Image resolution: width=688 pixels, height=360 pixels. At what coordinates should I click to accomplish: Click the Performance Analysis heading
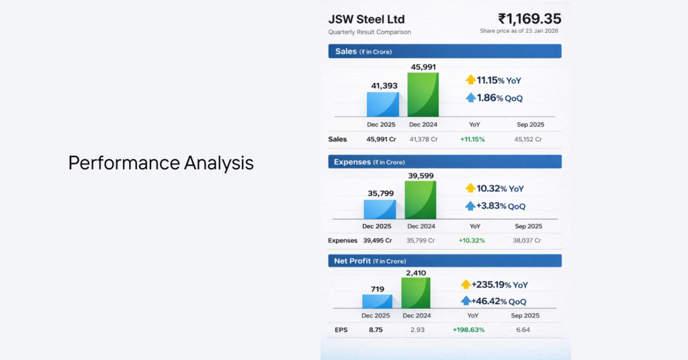pos(161,163)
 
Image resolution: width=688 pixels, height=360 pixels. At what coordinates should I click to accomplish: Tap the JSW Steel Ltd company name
pos(366,19)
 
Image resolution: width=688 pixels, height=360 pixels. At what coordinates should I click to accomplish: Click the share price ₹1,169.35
pos(529,19)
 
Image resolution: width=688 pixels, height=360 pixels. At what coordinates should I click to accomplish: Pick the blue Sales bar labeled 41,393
pos(383,104)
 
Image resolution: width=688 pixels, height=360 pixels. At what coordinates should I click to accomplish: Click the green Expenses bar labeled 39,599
pos(421,200)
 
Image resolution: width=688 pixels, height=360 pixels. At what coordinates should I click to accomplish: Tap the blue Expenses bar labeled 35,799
pos(381,209)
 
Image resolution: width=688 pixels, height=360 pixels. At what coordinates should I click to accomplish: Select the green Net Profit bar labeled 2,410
pos(416,293)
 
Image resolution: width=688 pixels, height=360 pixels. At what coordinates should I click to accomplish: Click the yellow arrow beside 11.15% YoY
pos(470,80)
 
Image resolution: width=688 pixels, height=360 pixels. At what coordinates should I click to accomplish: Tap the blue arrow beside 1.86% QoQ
pos(470,98)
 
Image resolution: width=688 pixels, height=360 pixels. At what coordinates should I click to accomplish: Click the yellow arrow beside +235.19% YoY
pos(466,285)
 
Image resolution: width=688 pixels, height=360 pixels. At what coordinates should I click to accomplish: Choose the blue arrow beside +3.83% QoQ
pos(470,206)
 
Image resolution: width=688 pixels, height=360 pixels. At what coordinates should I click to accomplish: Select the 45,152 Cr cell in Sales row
pos(528,139)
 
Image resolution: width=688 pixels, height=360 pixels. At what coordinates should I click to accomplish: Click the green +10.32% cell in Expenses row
pos(472,240)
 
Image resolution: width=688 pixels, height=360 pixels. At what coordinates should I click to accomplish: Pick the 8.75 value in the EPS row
pos(376,330)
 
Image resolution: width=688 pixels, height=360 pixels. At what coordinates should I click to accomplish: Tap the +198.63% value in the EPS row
pos(468,330)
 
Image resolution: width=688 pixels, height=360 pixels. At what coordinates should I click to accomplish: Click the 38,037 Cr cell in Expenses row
pos(528,240)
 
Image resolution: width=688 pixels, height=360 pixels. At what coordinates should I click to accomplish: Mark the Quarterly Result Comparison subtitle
pos(370,32)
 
